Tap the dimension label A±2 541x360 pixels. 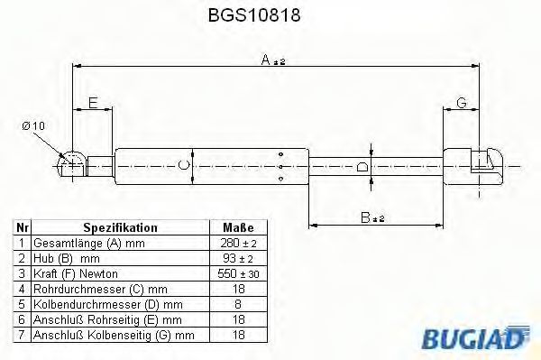click(272, 60)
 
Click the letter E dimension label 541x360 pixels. click(92, 103)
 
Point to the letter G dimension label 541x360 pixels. click(461, 103)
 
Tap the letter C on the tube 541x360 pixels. click(184, 164)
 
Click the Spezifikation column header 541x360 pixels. click(120, 228)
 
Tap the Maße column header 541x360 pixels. click(237, 228)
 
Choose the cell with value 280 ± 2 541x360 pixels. click(237, 244)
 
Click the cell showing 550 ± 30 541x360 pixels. click(237, 272)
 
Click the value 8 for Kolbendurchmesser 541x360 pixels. click(237, 303)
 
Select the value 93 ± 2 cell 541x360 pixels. click(237, 258)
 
